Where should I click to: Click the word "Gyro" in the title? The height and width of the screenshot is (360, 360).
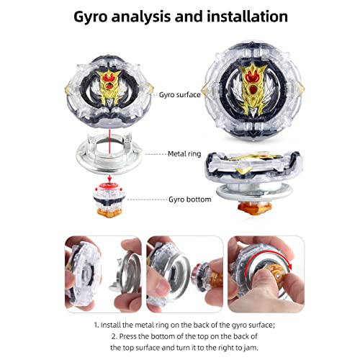coord(90,17)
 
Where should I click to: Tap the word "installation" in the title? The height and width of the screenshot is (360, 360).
coord(247,17)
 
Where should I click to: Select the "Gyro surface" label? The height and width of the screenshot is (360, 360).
coord(180,95)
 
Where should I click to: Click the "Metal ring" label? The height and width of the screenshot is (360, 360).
coord(184,153)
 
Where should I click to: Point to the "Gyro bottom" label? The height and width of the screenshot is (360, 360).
coord(190,199)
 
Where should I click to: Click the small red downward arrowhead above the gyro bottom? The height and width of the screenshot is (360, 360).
coord(109,179)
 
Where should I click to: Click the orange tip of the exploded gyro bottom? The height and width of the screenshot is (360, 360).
coord(109,213)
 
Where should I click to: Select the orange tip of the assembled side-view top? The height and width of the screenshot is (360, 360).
coord(254,207)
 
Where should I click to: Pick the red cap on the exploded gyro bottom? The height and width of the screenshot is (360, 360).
coord(109,186)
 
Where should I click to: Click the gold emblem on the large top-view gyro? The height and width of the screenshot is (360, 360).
coord(253,88)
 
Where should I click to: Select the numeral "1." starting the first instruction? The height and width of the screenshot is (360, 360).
coord(96,325)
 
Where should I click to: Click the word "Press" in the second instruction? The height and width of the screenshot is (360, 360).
coord(127,336)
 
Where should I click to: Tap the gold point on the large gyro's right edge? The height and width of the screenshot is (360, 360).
coord(300,89)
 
